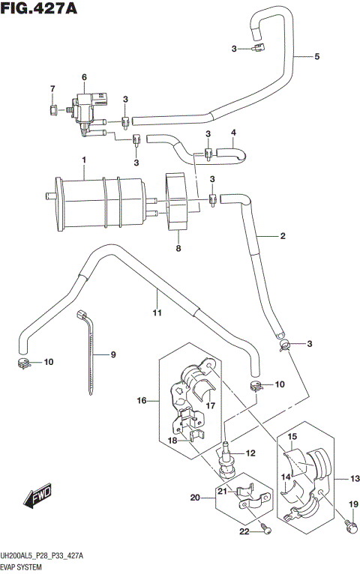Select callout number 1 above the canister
[85, 160]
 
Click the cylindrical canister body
[97, 199]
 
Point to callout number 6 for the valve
[84, 77]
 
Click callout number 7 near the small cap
[52, 90]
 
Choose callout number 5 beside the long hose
[316, 57]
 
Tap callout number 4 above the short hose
[233, 133]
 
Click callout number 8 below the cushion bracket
[178, 248]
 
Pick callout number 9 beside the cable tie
[114, 354]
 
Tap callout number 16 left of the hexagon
[140, 402]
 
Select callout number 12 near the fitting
[250, 453]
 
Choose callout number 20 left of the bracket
[195, 497]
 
